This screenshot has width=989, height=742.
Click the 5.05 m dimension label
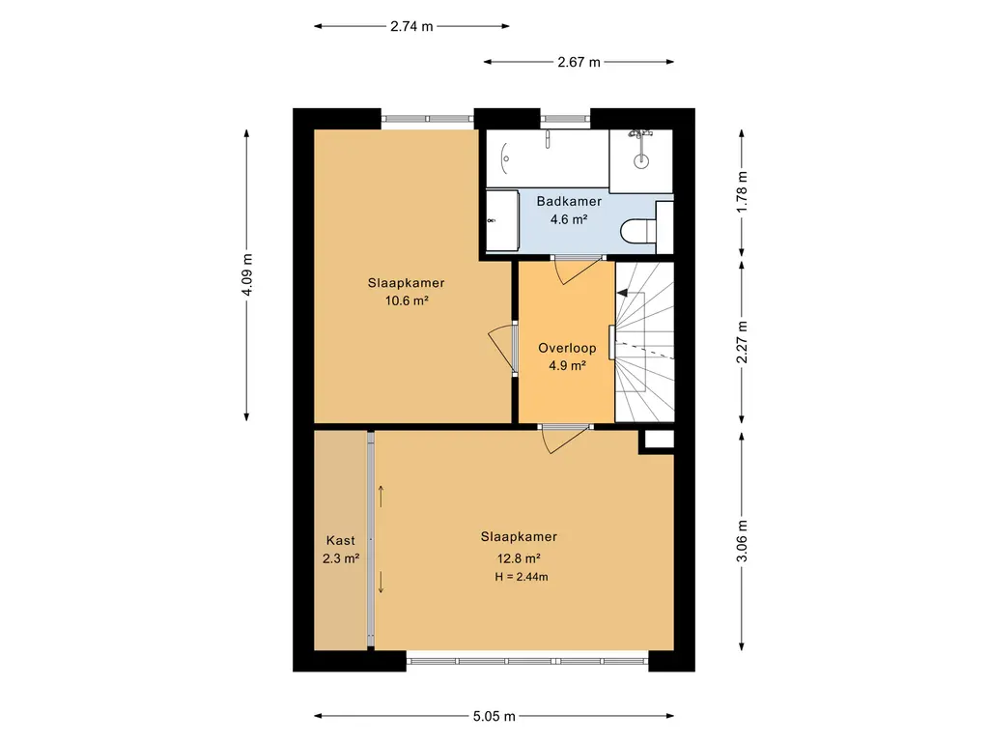[x=494, y=716]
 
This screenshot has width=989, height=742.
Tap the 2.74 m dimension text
[x=411, y=26]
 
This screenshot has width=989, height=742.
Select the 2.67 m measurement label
[x=579, y=62]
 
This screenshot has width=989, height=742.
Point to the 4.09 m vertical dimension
[x=246, y=274]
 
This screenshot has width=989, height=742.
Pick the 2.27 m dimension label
[x=742, y=342]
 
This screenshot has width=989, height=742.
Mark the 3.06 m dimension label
[x=742, y=541]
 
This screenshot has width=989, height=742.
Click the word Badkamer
[x=569, y=201]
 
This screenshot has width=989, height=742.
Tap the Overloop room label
[x=567, y=348]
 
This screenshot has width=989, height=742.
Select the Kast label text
[x=341, y=541]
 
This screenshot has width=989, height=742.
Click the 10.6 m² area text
[x=407, y=301]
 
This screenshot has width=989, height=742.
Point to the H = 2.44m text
[x=522, y=577]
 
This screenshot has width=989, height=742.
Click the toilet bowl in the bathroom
[x=638, y=230]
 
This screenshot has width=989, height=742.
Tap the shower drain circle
[x=641, y=160]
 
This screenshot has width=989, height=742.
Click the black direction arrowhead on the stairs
[x=622, y=293]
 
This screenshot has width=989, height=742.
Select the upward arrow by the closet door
[x=381, y=497]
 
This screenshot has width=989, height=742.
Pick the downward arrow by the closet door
[x=381, y=582]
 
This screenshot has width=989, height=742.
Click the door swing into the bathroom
[x=578, y=271]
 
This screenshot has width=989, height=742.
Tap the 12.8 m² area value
[x=519, y=558]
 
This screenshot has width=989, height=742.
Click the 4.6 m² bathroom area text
[x=569, y=219]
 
